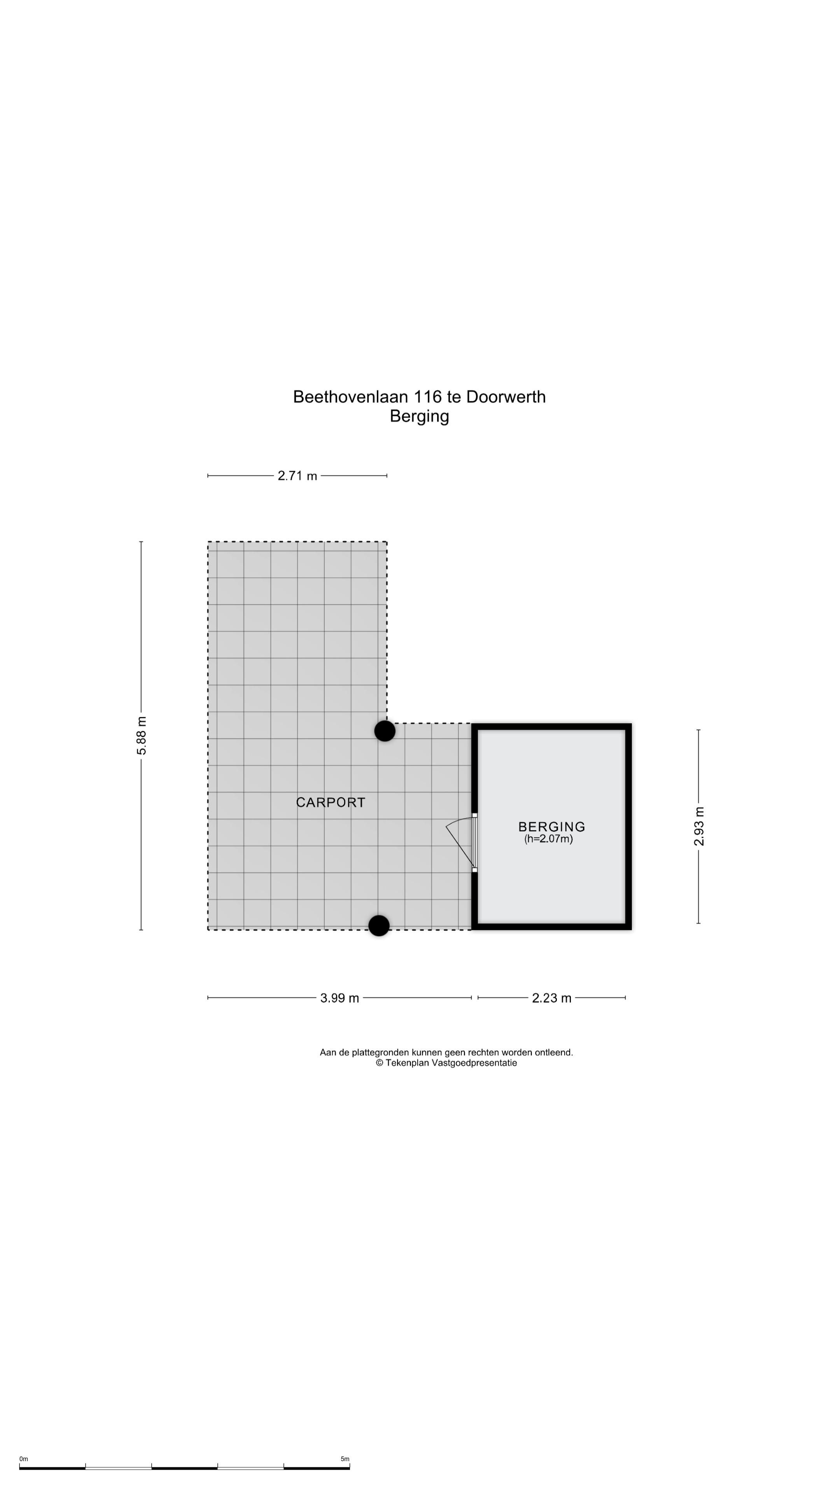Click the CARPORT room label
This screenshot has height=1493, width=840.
331,802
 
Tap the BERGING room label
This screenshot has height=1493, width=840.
551,827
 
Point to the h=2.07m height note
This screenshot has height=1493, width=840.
548,839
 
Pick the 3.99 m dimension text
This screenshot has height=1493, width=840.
340,997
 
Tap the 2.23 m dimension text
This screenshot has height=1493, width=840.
551,997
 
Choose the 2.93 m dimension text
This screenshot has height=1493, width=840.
699,826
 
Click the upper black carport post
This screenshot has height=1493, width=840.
385,731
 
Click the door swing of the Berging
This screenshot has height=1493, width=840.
460,840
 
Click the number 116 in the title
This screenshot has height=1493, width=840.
427,397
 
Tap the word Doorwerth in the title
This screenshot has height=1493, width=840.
506,397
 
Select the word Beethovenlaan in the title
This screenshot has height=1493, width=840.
351,397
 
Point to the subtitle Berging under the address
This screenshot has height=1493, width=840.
419,416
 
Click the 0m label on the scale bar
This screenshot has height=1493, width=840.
24,1459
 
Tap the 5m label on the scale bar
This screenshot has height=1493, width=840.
345,1459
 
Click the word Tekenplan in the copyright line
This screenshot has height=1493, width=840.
408,1063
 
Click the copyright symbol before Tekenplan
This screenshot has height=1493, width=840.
380,1063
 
